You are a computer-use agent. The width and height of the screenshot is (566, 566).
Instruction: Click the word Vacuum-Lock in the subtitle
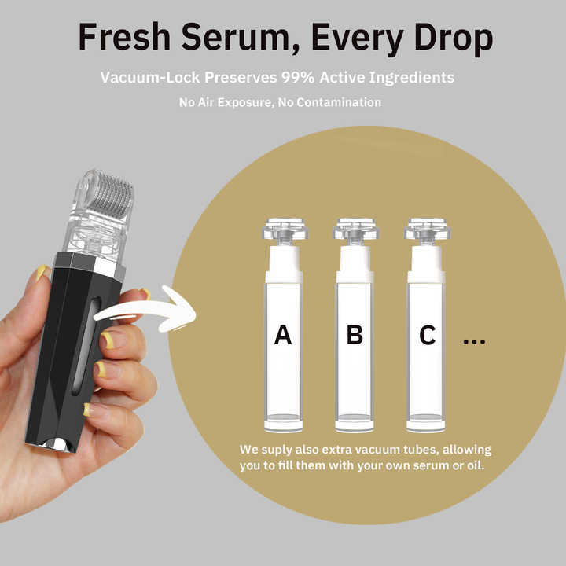[x=145, y=79]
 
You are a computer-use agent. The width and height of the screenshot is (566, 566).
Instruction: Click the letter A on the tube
[x=283, y=335]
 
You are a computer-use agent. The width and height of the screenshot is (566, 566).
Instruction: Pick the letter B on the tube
[x=355, y=335]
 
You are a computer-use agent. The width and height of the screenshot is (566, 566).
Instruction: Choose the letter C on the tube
[x=427, y=335]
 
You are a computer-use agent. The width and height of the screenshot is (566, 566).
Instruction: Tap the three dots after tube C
[x=474, y=341]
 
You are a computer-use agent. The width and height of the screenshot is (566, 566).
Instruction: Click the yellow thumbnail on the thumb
[x=42, y=274]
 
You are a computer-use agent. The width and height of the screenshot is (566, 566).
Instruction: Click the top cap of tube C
[x=426, y=230]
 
